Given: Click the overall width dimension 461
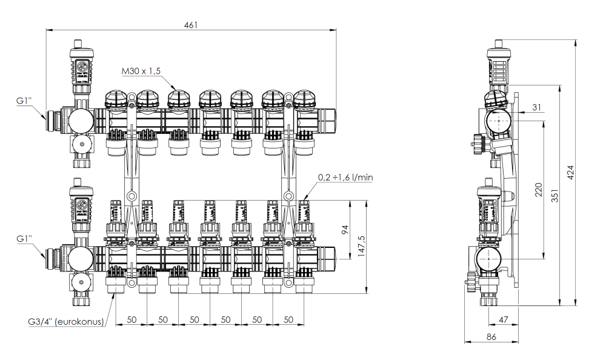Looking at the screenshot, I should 191,24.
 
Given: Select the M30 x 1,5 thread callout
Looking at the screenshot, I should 141,72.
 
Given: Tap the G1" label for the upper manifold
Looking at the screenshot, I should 24,101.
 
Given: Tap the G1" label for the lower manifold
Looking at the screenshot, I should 24,238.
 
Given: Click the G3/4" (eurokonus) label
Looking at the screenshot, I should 64,322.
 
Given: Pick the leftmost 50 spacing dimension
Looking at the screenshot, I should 131,319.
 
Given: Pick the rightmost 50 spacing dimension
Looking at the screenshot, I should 288,319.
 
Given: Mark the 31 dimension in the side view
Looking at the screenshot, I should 536,107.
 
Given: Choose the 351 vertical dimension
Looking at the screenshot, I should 553,195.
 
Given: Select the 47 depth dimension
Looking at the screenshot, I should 503,319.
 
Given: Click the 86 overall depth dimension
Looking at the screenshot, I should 491,336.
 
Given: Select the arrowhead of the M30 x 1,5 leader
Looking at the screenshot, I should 176,89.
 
